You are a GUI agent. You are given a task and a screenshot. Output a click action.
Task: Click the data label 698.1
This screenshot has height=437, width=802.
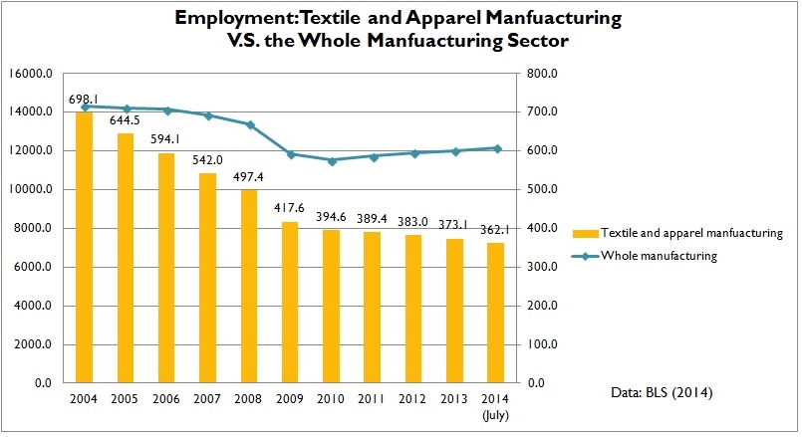[85, 99]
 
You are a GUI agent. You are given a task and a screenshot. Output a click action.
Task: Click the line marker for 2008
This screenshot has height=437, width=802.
[250, 124]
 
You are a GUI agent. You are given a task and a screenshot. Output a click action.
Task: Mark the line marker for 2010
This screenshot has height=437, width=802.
[332, 160]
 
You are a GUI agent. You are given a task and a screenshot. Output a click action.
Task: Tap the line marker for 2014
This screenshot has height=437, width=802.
[496, 148]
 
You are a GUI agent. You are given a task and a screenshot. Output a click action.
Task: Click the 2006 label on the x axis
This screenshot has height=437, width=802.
[167, 399]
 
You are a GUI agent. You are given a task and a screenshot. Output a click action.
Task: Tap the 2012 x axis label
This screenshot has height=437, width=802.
[413, 399]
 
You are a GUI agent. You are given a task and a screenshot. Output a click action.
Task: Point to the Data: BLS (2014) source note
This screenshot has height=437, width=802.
[662, 394]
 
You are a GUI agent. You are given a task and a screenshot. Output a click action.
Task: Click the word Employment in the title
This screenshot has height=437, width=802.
[223, 18]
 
